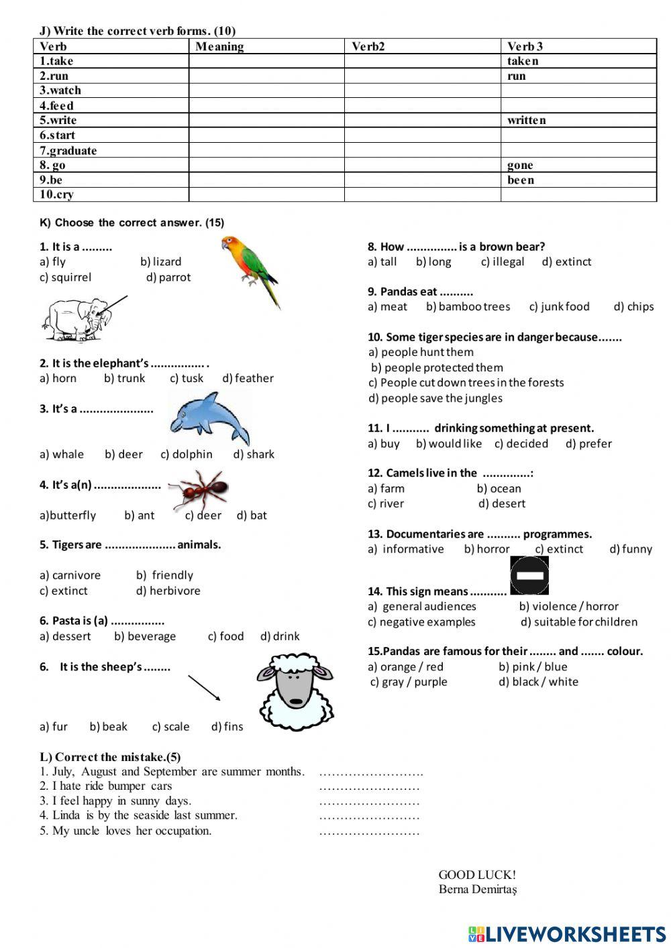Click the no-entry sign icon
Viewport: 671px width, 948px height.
tap(529, 576)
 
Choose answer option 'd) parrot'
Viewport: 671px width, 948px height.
tap(168, 277)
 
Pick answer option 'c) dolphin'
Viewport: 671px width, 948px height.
tap(187, 454)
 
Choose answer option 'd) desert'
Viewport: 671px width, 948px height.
tap(502, 503)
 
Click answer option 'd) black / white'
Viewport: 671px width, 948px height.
tap(538, 682)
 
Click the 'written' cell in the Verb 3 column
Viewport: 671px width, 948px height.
tap(527, 120)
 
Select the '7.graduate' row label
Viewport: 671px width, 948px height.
tap(68, 150)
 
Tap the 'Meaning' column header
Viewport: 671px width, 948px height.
tap(219, 46)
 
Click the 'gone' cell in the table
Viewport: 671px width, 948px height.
tap(520, 165)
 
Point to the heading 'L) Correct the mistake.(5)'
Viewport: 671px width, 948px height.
tap(110, 757)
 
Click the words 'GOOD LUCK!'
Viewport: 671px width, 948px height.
tap(477, 874)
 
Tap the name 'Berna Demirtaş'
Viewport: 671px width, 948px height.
tap(478, 890)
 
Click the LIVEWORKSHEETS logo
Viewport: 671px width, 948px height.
tap(567, 934)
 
